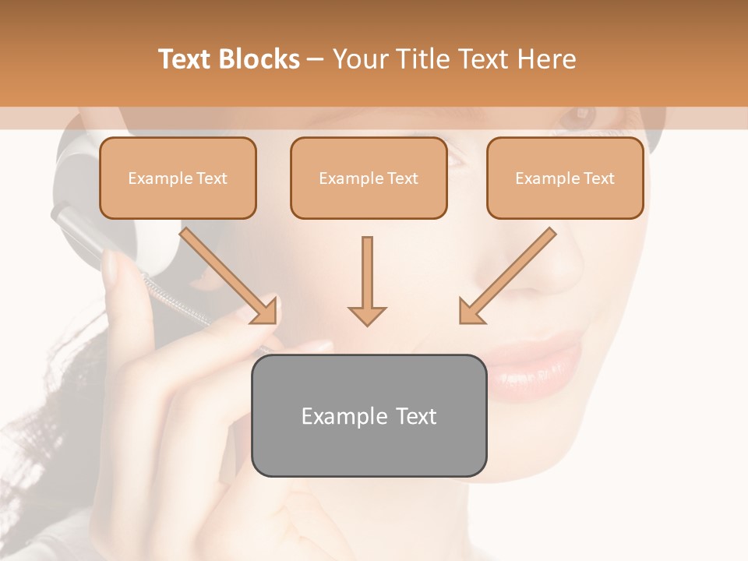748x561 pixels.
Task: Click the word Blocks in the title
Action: point(259,59)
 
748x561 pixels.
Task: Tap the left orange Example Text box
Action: point(178,178)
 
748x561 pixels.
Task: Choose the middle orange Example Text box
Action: point(369,178)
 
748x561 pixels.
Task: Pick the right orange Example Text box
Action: point(565,178)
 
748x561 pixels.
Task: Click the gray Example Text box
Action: point(369,416)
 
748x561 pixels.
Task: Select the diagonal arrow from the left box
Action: point(230,276)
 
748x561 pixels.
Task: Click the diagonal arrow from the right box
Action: point(506,276)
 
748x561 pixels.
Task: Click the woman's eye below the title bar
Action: point(580,117)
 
